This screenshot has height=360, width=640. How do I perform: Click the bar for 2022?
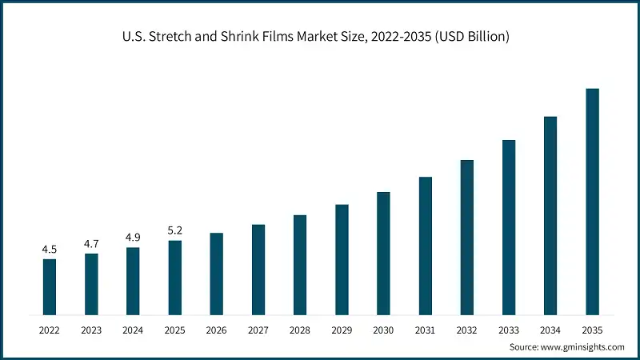pos(50,286)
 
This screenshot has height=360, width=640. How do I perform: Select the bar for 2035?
pos(592,201)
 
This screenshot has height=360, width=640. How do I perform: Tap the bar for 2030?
pos(383,253)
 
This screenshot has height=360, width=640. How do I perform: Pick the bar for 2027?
pos(258,269)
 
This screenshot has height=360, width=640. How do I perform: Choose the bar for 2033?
pos(509,226)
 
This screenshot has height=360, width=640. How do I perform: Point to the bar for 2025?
pos(174,277)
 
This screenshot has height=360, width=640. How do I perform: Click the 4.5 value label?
pos(50,249)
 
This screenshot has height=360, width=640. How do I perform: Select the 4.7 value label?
pos(91,243)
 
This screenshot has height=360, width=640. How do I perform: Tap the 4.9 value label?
pos(133,237)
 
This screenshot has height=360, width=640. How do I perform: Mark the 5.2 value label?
pos(174,230)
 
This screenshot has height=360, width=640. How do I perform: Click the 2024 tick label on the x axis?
pos(133,329)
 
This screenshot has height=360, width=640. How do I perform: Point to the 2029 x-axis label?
pos(342,329)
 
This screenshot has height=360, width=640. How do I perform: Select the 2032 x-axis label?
pos(467,329)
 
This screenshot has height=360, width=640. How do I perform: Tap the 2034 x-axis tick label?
pos(550,329)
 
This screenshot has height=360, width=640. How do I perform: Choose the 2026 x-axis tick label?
pos(216,329)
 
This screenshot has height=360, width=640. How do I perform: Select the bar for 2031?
pos(425,245)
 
